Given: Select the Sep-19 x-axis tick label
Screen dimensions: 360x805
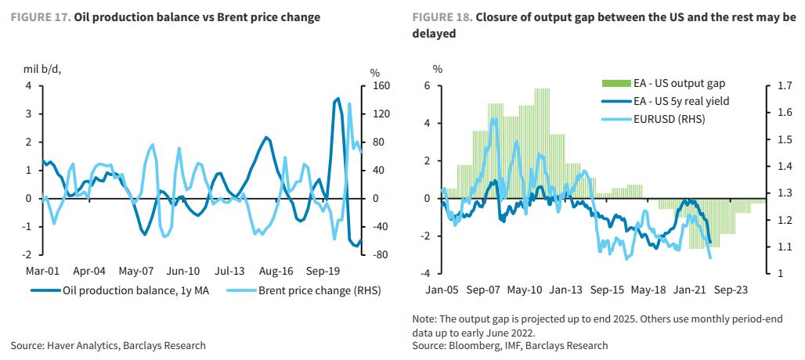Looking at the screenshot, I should point(323,272).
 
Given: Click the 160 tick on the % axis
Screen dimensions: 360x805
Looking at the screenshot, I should point(380,86).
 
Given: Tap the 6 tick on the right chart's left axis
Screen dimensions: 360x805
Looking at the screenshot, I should point(428,86).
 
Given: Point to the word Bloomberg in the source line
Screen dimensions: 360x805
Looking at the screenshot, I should point(471,345).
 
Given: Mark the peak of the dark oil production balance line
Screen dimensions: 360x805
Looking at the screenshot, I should point(337,99).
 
